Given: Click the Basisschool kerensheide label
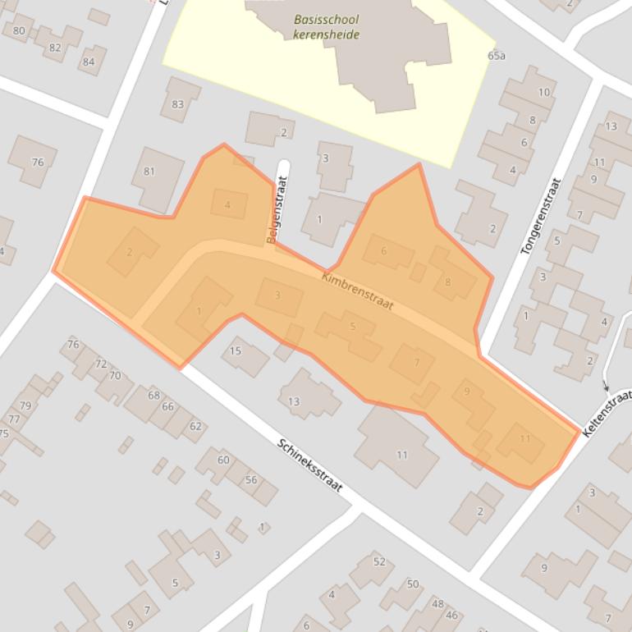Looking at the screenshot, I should [326, 27].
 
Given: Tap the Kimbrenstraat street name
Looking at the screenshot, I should [358, 291].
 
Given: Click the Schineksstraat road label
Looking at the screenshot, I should [309, 465].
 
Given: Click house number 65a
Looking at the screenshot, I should [496, 56].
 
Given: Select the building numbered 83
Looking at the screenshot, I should [178, 104].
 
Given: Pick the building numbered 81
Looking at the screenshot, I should [149, 172].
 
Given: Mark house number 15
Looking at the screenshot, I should [236, 351].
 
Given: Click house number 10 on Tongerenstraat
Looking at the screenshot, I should [543, 93].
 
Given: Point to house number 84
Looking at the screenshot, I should [89, 62].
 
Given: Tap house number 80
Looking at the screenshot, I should [19, 31].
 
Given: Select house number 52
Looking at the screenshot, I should [379, 561].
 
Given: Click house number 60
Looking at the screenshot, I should [223, 460].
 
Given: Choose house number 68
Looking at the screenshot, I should [153, 396].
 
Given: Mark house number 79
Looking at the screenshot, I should [25, 405].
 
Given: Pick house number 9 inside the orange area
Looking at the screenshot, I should [467, 392].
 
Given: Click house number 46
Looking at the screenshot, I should [451, 615].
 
